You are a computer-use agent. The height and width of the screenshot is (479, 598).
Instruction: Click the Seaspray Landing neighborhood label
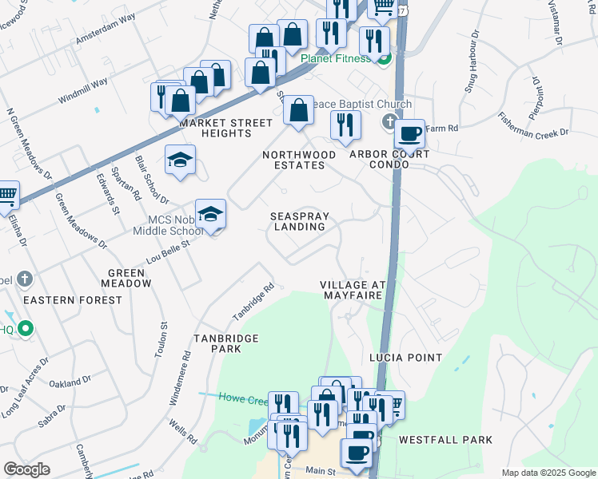point(297,221)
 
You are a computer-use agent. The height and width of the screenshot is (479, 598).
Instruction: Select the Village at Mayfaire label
point(353,290)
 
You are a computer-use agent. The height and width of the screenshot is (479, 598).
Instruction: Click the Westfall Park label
point(445,440)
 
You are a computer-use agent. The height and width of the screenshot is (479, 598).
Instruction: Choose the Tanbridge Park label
point(226,344)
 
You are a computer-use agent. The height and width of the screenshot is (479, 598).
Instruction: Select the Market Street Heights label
point(215,128)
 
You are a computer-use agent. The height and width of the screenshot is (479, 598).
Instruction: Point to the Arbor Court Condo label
point(389,159)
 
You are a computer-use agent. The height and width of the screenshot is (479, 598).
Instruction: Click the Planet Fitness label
point(336,58)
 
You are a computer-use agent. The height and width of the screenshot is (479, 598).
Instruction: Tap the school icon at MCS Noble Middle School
point(210,213)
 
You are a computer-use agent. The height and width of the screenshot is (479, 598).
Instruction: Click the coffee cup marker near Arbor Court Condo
point(409,133)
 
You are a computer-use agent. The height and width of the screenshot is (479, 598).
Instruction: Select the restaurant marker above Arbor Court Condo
point(345,124)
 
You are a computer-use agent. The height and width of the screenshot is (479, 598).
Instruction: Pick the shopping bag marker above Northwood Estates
point(298,111)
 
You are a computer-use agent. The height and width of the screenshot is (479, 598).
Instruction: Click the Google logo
point(27,469)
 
